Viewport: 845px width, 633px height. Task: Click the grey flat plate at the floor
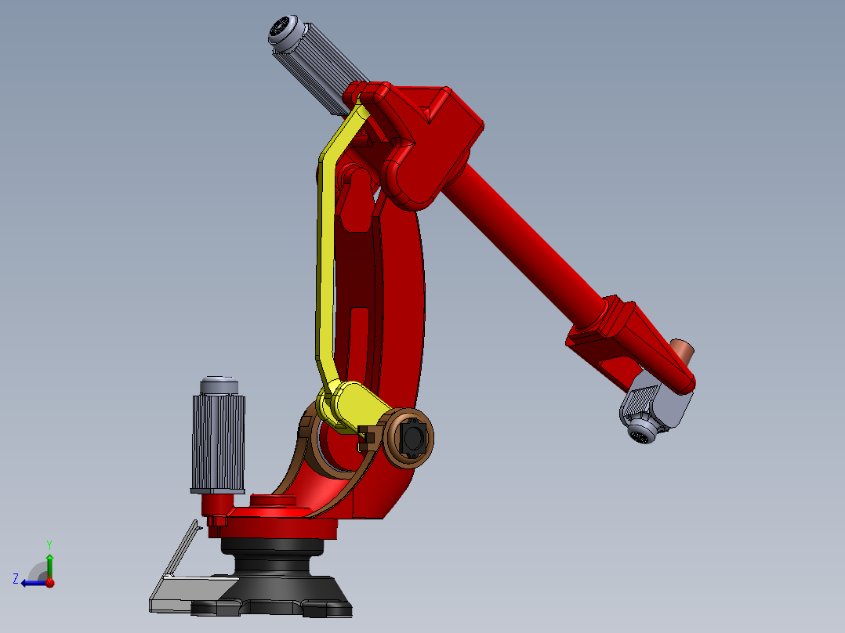188,591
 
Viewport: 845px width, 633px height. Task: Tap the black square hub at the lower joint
412,437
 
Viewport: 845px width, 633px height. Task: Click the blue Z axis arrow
32,583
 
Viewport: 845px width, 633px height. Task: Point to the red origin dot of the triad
50,583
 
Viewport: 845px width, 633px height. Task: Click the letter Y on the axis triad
49,544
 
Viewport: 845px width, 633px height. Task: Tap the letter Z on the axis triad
16,579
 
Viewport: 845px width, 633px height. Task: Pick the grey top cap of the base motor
219,385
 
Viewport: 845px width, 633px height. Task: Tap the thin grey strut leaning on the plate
182,548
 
